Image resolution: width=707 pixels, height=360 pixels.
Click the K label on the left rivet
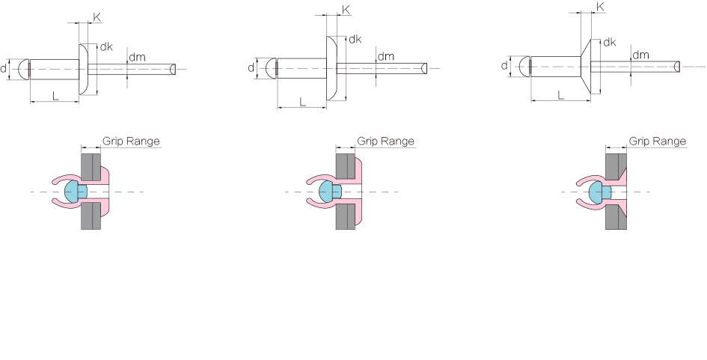coord(97,18)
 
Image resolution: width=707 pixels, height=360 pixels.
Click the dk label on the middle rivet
coord(355,39)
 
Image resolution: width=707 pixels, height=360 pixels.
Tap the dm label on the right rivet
coord(640,55)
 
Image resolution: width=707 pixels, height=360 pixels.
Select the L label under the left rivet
coord(55,96)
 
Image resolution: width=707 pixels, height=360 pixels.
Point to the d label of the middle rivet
coord(251,67)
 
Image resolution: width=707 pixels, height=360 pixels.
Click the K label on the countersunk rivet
coord(600,7)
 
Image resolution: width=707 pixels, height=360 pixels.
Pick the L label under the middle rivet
coord(302,102)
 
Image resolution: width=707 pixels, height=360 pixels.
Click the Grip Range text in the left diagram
coord(131,141)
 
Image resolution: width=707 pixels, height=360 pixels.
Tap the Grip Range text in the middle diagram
coord(385,141)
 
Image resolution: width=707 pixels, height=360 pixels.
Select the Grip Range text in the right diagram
coord(658,141)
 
